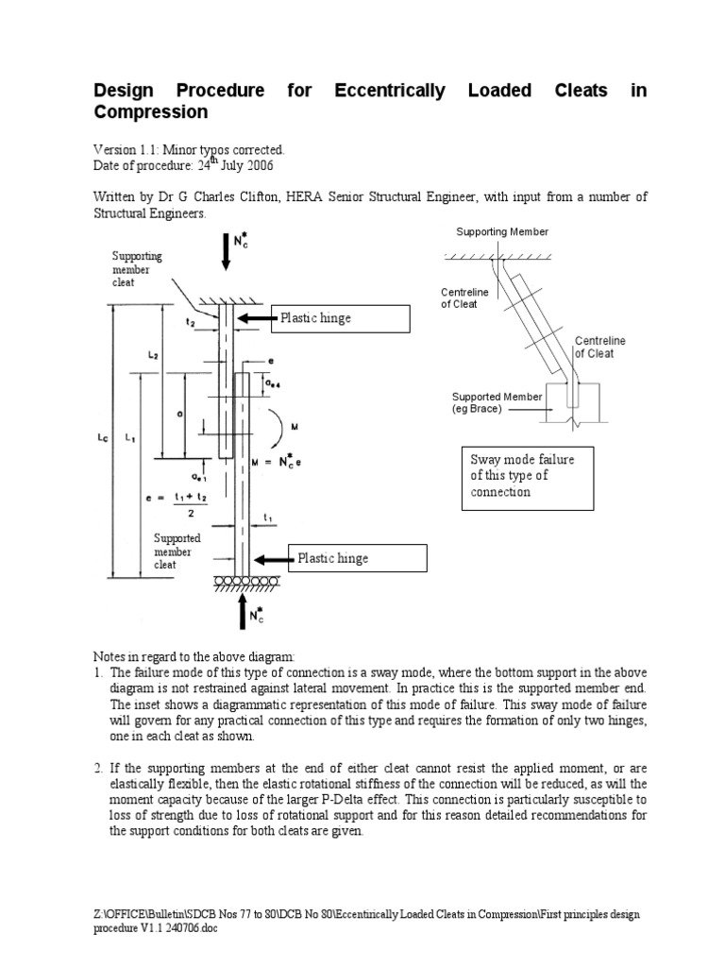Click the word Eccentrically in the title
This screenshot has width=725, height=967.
[x=389, y=92]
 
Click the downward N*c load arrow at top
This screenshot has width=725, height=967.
[x=223, y=248]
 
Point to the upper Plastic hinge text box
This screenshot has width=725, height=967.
[x=341, y=318]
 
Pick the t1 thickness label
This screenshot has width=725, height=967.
[x=268, y=517]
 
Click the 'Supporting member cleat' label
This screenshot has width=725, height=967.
[x=138, y=269]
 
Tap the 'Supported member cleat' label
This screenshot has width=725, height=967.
[x=177, y=551]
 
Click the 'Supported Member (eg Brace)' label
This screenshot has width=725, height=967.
[x=497, y=403]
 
